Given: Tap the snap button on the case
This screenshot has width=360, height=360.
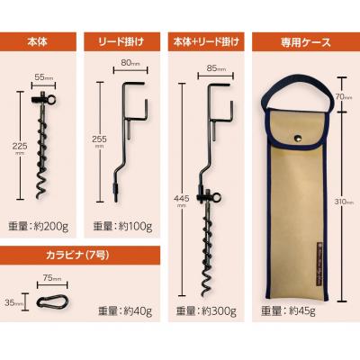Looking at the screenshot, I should click(299, 137).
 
